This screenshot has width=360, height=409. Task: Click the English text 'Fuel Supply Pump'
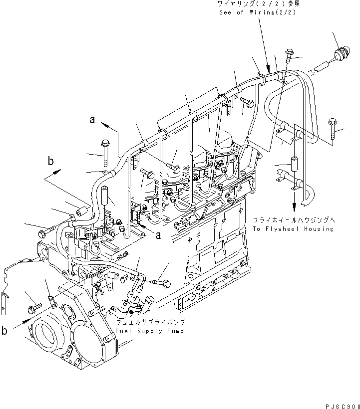(x=150, y=331)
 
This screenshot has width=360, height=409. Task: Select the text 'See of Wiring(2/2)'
(x=256, y=12)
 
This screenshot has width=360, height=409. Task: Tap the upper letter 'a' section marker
(x=92, y=119)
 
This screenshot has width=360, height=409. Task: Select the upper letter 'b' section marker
(x=50, y=161)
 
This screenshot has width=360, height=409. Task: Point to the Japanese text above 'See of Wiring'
(x=256, y=4)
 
